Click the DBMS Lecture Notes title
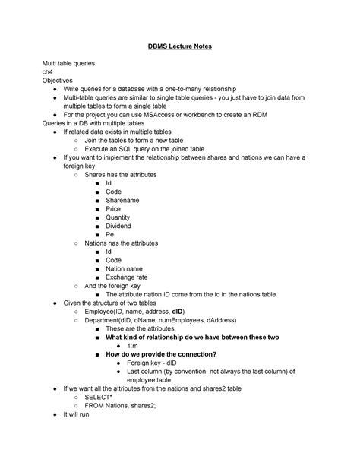pos(179,46)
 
